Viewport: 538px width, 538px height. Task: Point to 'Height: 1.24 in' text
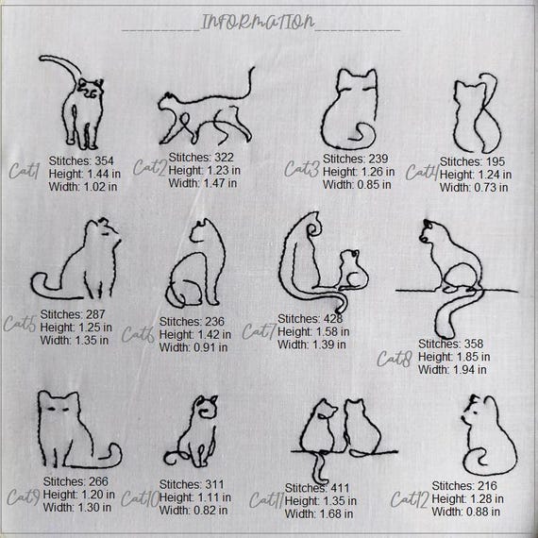click(476, 175)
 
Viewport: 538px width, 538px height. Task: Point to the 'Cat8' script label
click(395, 359)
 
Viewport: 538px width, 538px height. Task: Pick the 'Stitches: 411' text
click(319, 488)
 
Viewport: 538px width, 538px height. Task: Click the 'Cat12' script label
click(412, 498)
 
